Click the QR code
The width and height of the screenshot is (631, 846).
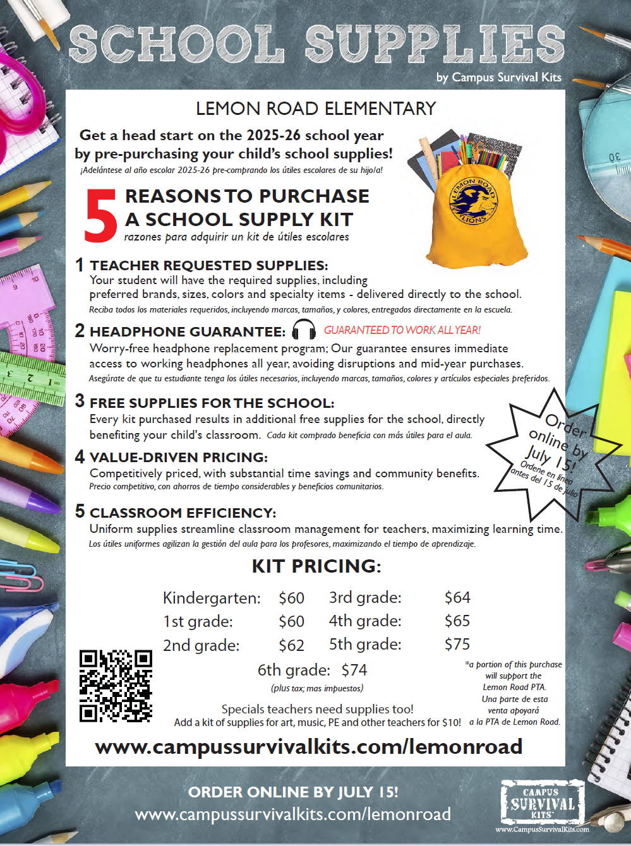pyautogui.click(x=116, y=686)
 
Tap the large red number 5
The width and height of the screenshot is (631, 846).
pyautogui.click(x=100, y=217)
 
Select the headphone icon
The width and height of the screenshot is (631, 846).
pyautogui.click(x=304, y=330)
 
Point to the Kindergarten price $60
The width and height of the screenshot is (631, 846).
pyautogui.click(x=291, y=598)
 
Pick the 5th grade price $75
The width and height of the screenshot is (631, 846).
pyautogui.click(x=457, y=644)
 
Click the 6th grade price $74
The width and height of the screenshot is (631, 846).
pyautogui.click(x=354, y=670)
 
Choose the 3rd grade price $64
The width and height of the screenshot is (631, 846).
pyautogui.click(x=457, y=597)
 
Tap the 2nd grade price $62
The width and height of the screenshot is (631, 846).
pyautogui.click(x=291, y=645)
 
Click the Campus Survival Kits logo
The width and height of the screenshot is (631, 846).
pyautogui.click(x=543, y=804)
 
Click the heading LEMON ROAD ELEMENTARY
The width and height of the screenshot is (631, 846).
pyautogui.click(x=316, y=109)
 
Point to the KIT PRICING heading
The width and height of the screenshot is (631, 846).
pyautogui.click(x=316, y=566)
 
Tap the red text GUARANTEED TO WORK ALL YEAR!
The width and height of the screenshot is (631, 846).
pyautogui.click(x=402, y=330)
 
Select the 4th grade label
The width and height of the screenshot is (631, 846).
pyautogui.click(x=364, y=621)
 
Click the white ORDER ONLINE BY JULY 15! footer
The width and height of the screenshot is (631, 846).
pyautogui.click(x=293, y=792)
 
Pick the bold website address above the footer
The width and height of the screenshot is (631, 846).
pyautogui.click(x=309, y=747)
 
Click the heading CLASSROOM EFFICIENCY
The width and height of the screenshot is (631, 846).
pyautogui.click(x=183, y=513)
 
